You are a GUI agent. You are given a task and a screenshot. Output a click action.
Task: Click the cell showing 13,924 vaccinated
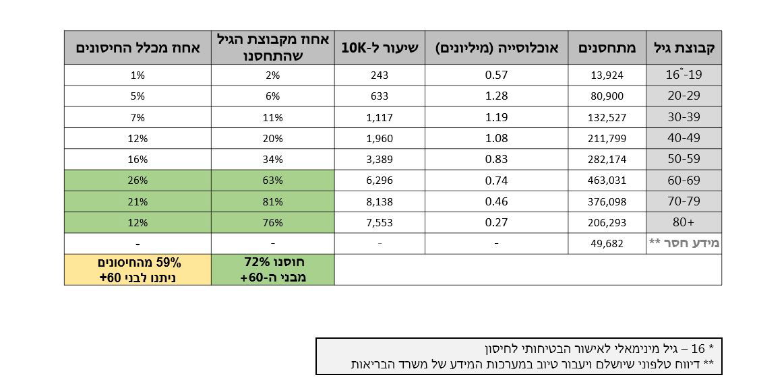[607, 75]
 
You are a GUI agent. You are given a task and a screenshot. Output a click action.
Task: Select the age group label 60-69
[684, 180]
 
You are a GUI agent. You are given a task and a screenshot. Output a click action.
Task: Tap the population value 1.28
[496, 96]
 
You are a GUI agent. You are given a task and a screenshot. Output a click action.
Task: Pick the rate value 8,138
[380, 201]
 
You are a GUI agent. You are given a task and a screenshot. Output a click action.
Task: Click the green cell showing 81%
[272, 201]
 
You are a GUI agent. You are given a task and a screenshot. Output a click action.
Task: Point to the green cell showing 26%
[138, 180]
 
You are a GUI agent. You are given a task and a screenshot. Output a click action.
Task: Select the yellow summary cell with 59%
[138, 269]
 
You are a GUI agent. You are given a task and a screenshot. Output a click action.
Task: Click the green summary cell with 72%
[272, 269]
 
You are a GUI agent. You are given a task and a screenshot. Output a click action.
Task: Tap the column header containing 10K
[380, 48]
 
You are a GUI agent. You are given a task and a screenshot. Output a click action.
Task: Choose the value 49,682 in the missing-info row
[607, 243]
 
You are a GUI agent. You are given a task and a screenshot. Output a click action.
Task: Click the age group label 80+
[684, 222]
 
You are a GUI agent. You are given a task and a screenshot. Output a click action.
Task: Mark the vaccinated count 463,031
[607, 180]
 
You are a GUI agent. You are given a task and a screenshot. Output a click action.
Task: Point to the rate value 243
[380, 75]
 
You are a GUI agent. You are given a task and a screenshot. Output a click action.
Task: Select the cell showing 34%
[272, 159]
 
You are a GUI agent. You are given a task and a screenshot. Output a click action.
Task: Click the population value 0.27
[496, 222]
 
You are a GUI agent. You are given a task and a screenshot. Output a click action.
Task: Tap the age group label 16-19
[684, 75]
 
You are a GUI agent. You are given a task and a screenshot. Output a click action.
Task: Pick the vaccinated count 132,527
[607, 117]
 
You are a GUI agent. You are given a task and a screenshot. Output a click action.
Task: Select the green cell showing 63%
[272, 180]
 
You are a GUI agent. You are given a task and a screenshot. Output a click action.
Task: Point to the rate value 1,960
[380, 138]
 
